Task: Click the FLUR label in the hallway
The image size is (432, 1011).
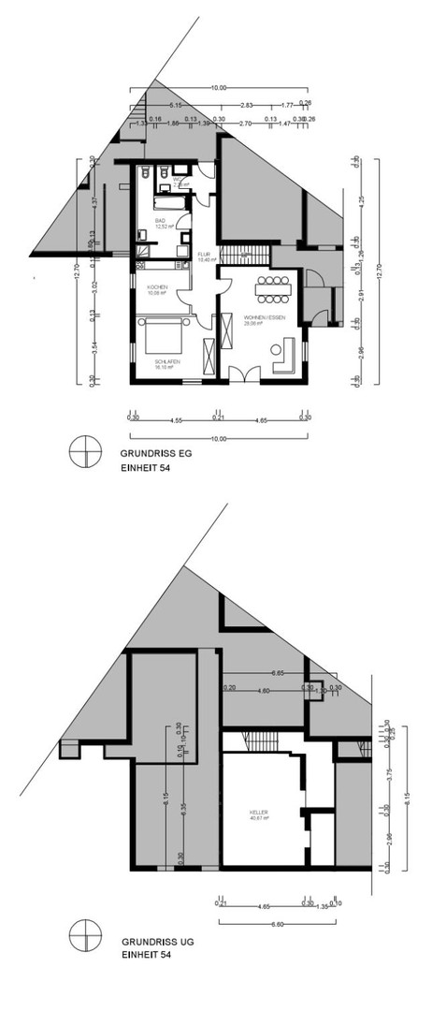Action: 203,255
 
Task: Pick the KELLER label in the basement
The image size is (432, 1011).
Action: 259,813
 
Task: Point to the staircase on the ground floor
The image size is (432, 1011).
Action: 237,255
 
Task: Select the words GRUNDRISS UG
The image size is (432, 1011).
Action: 149,945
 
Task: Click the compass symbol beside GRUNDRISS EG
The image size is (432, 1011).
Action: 85,451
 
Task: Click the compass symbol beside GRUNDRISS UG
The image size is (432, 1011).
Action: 85,939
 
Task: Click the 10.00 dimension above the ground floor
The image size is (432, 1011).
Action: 219,88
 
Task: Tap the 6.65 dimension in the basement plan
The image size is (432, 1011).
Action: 278,674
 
